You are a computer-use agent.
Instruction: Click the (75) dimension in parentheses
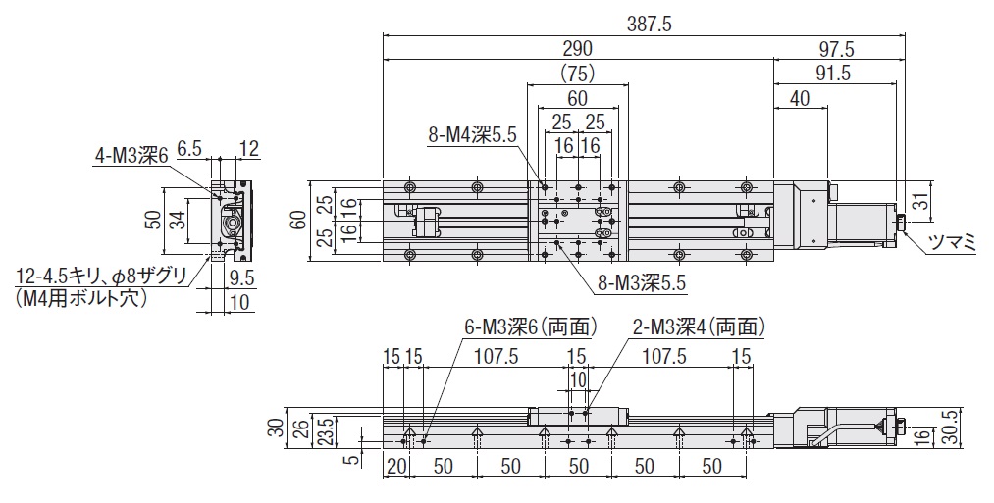coord(577,74)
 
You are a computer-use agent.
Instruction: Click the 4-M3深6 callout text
coord(132,154)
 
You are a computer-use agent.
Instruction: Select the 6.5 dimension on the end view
coord(190,150)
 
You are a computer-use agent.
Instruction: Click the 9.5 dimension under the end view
coord(239,278)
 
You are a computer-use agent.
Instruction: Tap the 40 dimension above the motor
coord(800,98)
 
